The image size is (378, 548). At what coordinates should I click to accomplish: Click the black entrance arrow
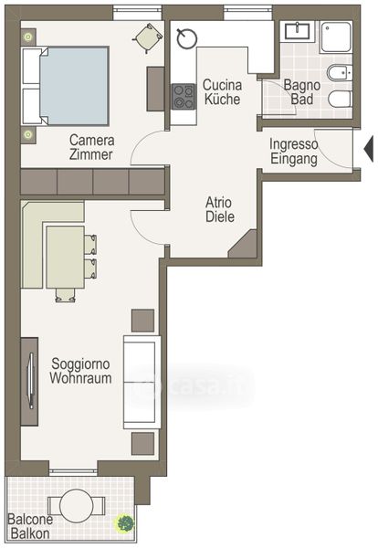[369, 149]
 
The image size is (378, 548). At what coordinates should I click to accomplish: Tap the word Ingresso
[293, 144]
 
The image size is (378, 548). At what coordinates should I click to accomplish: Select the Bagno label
[302, 85]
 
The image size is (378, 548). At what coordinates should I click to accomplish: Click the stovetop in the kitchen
[183, 97]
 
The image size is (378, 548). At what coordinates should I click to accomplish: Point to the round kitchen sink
[187, 37]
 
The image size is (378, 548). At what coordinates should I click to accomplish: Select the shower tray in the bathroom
[336, 37]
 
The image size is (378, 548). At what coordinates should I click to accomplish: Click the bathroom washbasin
[297, 31]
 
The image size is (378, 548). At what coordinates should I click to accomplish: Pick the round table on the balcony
[77, 506]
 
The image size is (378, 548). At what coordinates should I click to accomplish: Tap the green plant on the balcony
[125, 523]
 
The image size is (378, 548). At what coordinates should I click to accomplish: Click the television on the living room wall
[31, 381]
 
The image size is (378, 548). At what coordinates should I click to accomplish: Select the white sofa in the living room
[142, 383]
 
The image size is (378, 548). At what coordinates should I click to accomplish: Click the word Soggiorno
[80, 364]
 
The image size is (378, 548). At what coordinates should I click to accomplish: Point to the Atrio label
[218, 203]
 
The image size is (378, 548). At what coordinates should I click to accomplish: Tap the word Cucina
[222, 85]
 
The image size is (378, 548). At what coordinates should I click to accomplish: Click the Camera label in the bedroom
[92, 140]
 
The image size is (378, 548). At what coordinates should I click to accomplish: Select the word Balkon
[30, 533]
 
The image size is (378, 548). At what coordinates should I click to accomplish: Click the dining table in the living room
[66, 257]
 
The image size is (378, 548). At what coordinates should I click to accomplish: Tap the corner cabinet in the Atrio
[243, 244]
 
